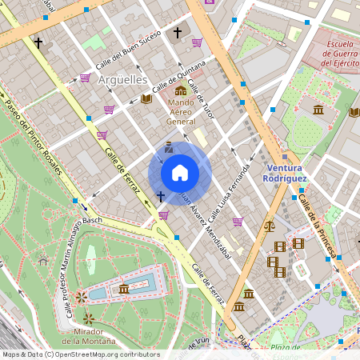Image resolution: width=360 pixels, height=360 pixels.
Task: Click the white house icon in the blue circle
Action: click(180, 172)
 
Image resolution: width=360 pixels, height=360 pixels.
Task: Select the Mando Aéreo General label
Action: click(181, 112)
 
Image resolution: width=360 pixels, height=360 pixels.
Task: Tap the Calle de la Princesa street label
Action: click(317, 226)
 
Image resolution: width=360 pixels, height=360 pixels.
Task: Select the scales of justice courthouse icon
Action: click(268, 226)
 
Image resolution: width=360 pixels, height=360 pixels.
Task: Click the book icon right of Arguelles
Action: click(146, 99)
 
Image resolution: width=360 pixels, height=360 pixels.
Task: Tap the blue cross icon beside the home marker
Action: click(161, 195)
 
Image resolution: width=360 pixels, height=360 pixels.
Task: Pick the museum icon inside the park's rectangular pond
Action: click(123, 288)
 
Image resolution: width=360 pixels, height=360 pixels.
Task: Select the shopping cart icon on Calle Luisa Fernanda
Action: click(237, 222)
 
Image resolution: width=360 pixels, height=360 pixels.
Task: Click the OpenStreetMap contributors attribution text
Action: click(80, 354)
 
